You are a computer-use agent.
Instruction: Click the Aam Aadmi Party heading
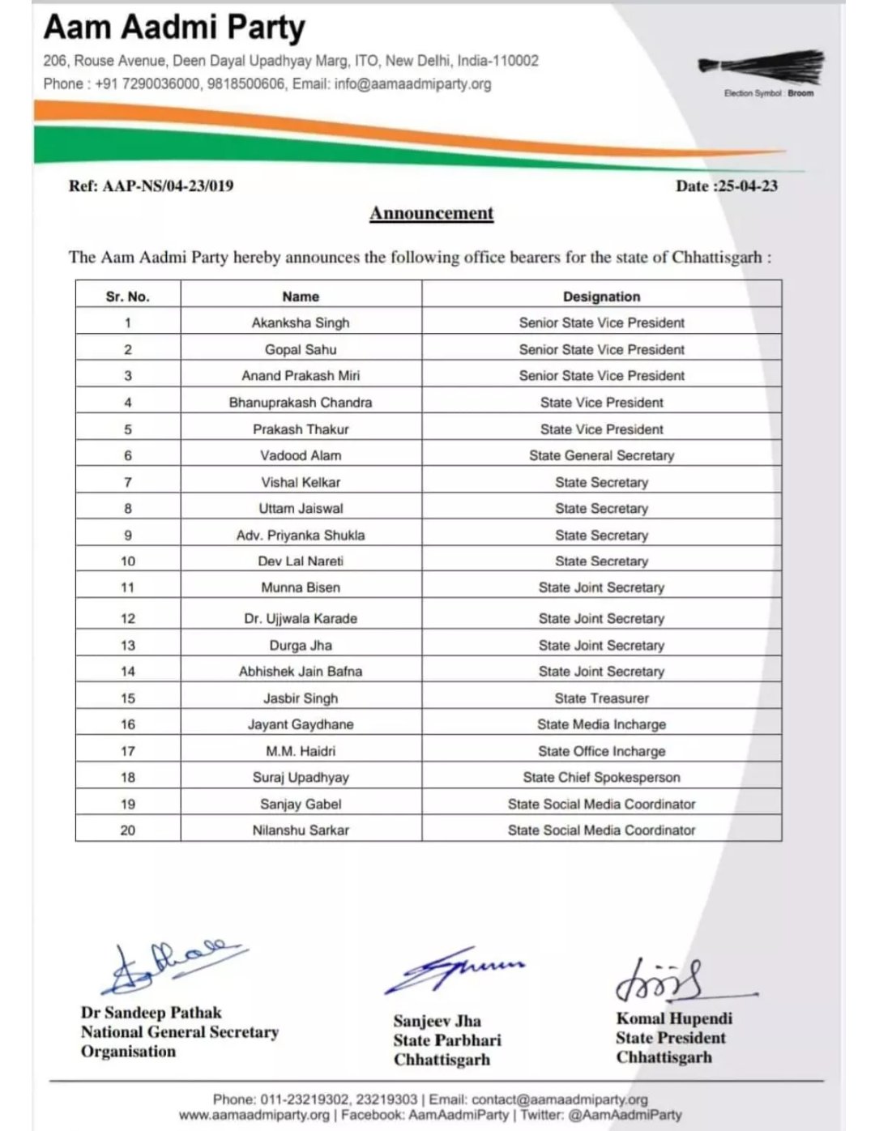click(x=174, y=28)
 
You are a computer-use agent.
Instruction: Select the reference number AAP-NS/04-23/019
click(x=151, y=186)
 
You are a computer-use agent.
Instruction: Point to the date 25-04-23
click(x=727, y=186)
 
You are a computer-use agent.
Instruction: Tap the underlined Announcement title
click(x=431, y=213)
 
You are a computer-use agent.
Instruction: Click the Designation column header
click(x=601, y=297)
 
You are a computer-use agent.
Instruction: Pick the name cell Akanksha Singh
click(x=301, y=322)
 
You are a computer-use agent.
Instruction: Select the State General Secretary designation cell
click(x=601, y=455)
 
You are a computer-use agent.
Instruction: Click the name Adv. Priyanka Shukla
click(x=301, y=535)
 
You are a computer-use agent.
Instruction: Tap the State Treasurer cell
click(x=601, y=698)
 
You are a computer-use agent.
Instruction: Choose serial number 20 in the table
click(x=128, y=830)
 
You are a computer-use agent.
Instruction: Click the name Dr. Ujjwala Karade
click(x=301, y=618)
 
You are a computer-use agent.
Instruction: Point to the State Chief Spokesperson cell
click(x=601, y=777)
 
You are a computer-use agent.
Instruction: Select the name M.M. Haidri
click(x=301, y=751)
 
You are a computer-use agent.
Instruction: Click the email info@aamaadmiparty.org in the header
click(x=412, y=83)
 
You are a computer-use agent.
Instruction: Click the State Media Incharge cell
click(x=601, y=724)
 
